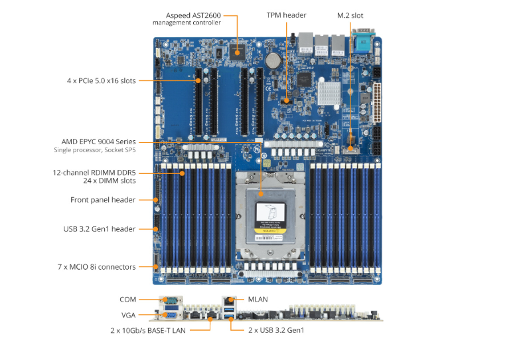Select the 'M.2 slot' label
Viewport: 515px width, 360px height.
click(x=350, y=15)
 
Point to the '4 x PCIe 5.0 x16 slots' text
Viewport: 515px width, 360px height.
click(x=101, y=80)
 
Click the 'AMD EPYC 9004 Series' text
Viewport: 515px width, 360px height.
click(x=98, y=141)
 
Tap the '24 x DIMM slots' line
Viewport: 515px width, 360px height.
click(x=109, y=181)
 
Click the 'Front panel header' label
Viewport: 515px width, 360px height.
click(x=103, y=200)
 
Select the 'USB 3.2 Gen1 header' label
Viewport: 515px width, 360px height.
click(x=100, y=229)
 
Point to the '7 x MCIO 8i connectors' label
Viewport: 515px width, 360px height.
click(x=97, y=267)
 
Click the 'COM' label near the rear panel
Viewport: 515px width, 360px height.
click(x=127, y=300)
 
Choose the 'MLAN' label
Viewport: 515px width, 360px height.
click(x=257, y=300)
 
